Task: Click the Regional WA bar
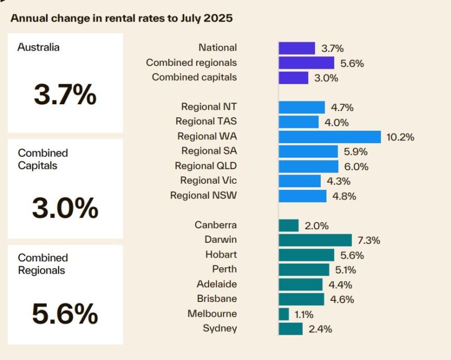coord(330,136)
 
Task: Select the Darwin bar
coord(315,240)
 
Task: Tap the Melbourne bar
coord(284,314)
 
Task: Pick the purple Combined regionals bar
coord(306,63)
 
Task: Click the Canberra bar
coord(289,225)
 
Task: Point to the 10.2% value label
coord(401,137)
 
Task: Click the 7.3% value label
coord(369,241)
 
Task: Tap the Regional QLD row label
coord(206,166)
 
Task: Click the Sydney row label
coord(220,328)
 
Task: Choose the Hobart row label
coord(221,255)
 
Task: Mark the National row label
coord(218,48)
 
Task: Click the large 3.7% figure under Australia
coord(65,95)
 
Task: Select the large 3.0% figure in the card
coord(65,208)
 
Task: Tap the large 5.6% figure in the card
coord(65,314)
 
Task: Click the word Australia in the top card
coord(38,48)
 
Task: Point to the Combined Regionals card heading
coord(43,264)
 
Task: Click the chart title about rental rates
coord(121,18)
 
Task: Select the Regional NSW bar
coord(302,195)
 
